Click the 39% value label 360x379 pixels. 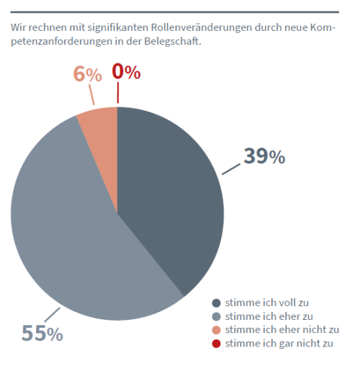point(264,156)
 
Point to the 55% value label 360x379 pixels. point(42,333)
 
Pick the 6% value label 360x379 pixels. point(87,74)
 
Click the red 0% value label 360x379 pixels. point(126,71)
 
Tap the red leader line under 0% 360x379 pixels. point(118,92)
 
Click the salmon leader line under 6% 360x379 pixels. point(91,94)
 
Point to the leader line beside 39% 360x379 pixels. point(231,169)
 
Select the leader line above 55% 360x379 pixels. point(52,314)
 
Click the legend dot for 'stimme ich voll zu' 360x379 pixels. point(216,303)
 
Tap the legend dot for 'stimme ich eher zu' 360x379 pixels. point(216,316)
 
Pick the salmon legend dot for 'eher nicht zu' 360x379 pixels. point(216,330)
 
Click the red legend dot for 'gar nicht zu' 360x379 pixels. point(216,344)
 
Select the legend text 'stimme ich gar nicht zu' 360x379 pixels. point(279,344)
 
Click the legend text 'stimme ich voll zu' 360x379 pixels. point(267,303)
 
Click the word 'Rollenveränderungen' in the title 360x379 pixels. point(202,27)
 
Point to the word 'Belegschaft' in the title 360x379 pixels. point(172,41)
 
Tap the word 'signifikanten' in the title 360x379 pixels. point(118,27)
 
